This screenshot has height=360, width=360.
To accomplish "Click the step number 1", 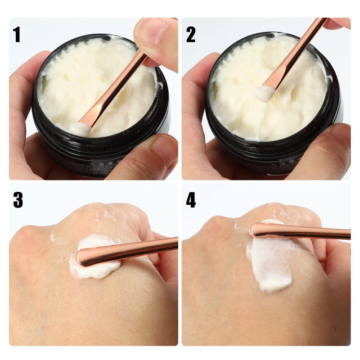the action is tap(17, 35).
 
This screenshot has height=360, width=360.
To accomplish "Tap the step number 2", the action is tap(190, 35).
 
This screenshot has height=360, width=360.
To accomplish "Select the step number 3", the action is tap(18, 200).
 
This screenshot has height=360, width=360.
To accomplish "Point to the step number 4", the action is tap(191, 200).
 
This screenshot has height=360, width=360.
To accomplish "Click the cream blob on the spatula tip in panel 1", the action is tap(79, 129).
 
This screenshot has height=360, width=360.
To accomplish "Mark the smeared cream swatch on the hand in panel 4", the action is tap(270, 262).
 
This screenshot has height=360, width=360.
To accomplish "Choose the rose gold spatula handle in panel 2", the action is tap(296, 52).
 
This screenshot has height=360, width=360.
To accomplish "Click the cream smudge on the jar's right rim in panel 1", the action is tap(160, 85).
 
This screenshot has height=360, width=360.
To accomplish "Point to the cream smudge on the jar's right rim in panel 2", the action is tap(330, 78).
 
